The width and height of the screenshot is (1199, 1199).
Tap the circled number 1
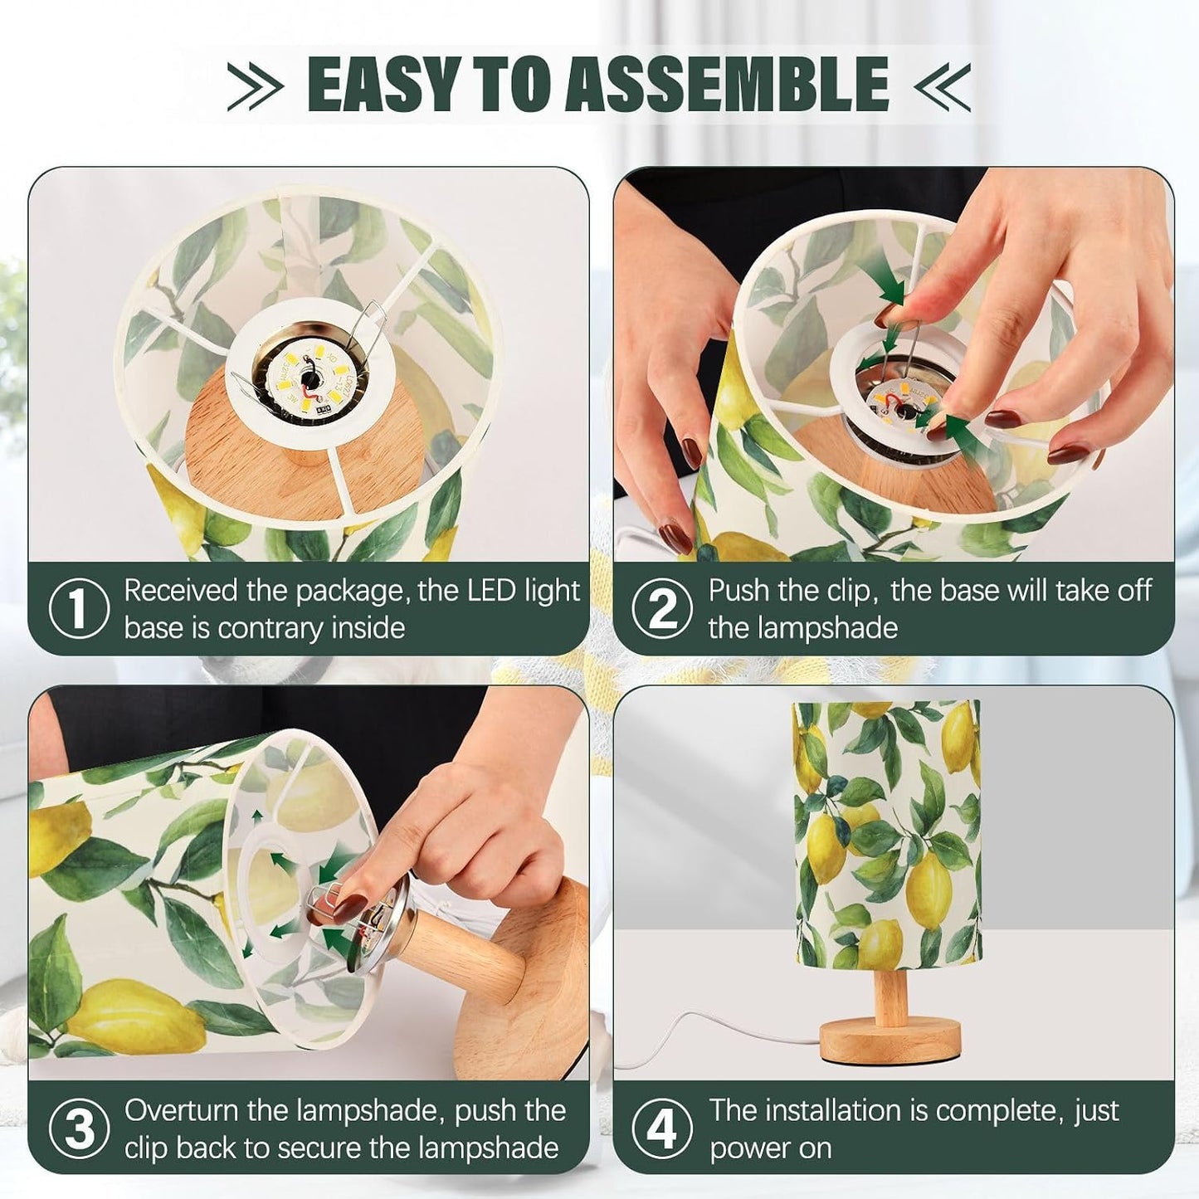pyautogui.click(x=78, y=608)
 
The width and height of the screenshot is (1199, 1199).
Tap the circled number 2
pyautogui.click(x=662, y=608)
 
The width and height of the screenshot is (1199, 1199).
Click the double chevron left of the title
pyautogui.click(x=254, y=86)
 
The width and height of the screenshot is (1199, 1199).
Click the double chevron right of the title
pyautogui.click(x=942, y=86)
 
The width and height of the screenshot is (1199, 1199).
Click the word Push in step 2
pyautogui.click(x=738, y=590)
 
